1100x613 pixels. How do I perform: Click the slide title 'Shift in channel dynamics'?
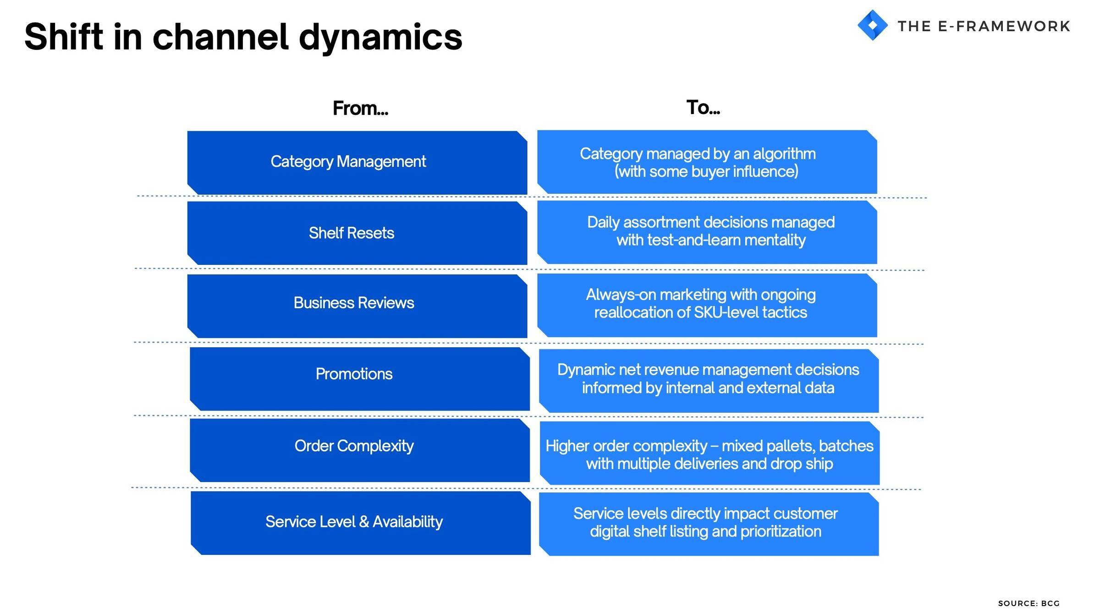click(243, 38)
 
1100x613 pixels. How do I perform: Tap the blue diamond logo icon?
click(872, 25)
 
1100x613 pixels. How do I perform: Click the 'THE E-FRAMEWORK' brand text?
click(984, 26)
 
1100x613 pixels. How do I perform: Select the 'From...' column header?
click(360, 109)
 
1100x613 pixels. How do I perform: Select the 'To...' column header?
click(703, 108)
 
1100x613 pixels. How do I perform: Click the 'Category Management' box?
click(357, 163)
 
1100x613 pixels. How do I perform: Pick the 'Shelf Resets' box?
click(357, 233)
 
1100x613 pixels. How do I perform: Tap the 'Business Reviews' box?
click(357, 306)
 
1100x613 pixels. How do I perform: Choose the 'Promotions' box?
click(360, 379)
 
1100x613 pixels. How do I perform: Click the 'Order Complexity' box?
click(360, 450)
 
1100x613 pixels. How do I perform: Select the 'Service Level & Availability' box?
click(361, 523)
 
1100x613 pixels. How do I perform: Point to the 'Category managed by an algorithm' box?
click(707, 162)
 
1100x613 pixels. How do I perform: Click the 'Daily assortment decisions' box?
click(707, 232)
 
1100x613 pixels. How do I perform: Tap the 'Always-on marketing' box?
click(707, 306)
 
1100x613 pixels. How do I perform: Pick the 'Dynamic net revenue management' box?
click(709, 381)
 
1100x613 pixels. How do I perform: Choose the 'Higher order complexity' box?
click(709, 453)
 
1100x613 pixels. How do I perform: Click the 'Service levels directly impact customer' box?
click(709, 524)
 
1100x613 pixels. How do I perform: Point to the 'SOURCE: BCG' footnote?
click(1029, 603)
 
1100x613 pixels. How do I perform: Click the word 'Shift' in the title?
click(64, 37)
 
